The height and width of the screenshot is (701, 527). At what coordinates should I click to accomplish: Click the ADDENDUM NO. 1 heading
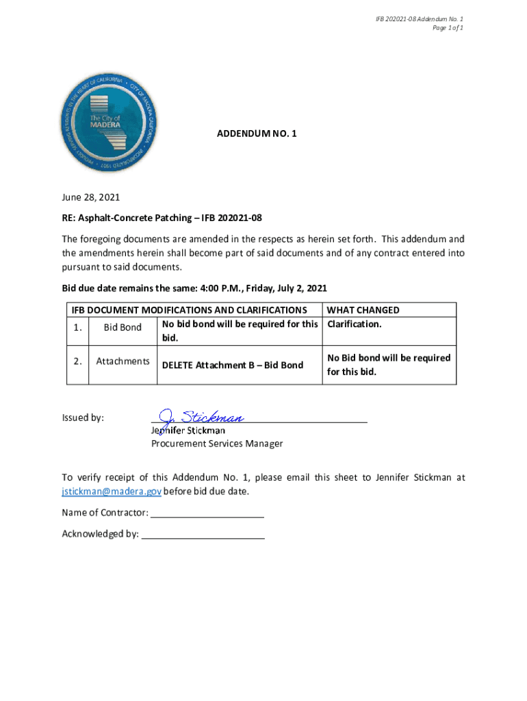[x=257, y=135]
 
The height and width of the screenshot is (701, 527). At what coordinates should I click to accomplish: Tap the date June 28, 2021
[x=91, y=197]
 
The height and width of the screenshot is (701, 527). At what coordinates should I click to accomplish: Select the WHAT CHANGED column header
[x=363, y=310]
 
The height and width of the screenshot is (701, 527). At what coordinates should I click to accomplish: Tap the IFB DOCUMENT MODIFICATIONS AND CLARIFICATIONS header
[x=189, y=310]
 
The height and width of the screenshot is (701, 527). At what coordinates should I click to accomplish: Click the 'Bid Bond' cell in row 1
[x=123, y=327]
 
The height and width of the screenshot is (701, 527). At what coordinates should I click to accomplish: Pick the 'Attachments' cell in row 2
[x=123, y=361]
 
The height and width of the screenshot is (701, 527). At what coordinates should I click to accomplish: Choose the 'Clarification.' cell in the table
[x=355, y=324]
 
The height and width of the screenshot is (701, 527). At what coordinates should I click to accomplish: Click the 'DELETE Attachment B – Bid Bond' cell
[x=232, y=365]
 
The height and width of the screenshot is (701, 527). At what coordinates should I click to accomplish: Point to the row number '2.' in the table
[x=77, y=361]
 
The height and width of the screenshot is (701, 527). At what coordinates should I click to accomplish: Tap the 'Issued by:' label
[x=83, y=418]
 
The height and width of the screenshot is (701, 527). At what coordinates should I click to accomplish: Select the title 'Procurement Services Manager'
[x=217, y=444]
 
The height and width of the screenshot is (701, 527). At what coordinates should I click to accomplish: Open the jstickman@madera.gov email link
[x=112, y=492]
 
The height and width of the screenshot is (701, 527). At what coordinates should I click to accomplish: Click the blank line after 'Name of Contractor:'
[x=207, y=513]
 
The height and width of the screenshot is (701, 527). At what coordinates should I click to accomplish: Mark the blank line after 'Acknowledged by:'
[x=203, y=534]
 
